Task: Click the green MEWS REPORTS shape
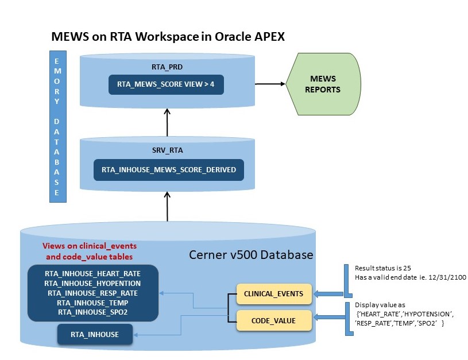pyautogui.click(x=323, y=84)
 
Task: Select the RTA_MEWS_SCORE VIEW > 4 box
pyautogui.click(x=166, y=84)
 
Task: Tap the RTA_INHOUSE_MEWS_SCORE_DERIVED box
pyautogui.click(x=169, y=170)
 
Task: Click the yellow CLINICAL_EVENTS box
pyautogui.click(x=274, y=294)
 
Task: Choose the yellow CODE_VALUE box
pyautogui.click(x=274, y=320)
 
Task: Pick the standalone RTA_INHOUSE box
pyautogui.click(x=95, y=334)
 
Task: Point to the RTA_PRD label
pyautogui.click(x=167, y=67)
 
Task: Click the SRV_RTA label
pyautogui.click(x=168, y=150)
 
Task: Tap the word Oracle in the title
pyautogui.click(x=233, y=36)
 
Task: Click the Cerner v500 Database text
pyautogui.click(x=251, y=254)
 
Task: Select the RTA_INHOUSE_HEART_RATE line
pyautogui.click(x=93, y=274)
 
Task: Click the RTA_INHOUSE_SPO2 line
pyautogui.click(x=93, y=312)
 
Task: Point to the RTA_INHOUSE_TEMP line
pyautogui.click(x=93, y=303)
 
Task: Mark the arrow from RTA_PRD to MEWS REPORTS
pyautogui.click(x=270, y=84)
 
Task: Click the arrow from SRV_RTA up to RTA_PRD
pyautogui.click(x=167, y=122)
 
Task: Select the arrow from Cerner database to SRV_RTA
pyautogui.click(x=167, y=207)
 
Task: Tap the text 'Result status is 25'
pyautogui.click(x=383, y=268)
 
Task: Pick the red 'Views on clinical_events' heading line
pyautogui.click(x=90, y=246)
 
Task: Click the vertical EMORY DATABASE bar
pyautogui.click(x=58, y=126)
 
